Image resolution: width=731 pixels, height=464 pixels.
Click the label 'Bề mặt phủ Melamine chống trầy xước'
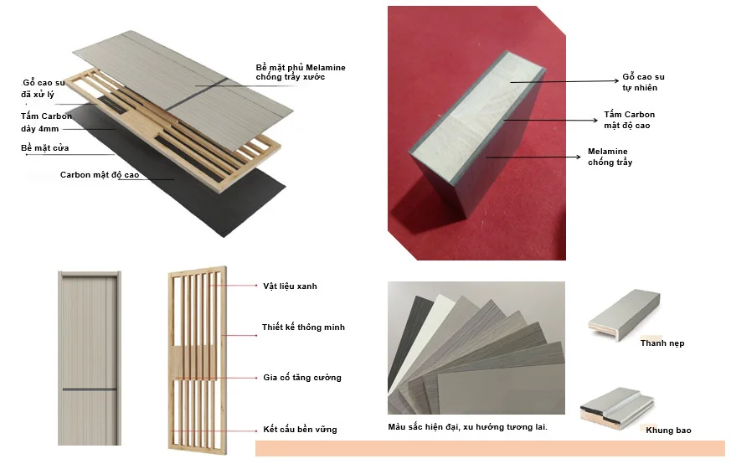[x=300, y=72]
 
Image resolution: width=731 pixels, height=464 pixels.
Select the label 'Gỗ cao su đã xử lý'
[x=43, y=89]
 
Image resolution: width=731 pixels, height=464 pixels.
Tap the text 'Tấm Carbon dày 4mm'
[x=45, y=122]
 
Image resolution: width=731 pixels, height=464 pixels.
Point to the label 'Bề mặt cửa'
[x=44, y=148]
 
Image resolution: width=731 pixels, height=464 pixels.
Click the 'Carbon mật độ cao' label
[x=99, y=175]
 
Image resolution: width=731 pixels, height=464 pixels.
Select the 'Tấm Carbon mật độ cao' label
[x=630, y=120]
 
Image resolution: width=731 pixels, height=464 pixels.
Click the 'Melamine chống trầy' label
[x=610, y=157]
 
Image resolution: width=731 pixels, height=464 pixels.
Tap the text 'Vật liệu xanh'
[x=289, y=286]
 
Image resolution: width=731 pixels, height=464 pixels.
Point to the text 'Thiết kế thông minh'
[x=302, y=327]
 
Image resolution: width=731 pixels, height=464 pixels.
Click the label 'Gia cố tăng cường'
[x=301, y=378]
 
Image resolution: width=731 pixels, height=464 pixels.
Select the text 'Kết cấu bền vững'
[x=299, y=430]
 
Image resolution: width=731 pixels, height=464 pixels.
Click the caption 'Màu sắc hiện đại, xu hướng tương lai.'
[x=467, y=427]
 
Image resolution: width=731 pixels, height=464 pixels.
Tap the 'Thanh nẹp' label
[x=662, y=343]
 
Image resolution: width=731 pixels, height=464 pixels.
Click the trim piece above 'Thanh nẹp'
[x=625, y=312]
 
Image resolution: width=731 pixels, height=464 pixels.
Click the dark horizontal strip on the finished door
[x=88, y=389]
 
